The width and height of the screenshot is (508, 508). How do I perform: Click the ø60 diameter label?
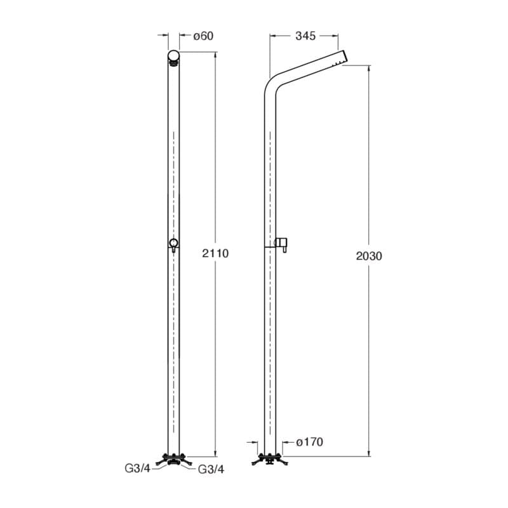point(203,36)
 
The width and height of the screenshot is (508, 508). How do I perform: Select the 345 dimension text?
point(305,36)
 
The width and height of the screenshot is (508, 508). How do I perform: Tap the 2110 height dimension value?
point(215,253)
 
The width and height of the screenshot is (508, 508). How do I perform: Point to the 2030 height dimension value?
point(369,256)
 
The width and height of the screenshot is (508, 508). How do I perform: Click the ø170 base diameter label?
point(310,442)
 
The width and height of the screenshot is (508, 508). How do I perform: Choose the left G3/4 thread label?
point(137,469)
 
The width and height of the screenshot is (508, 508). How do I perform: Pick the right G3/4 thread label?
point(211,469)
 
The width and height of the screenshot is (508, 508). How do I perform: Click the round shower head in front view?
point(173,58)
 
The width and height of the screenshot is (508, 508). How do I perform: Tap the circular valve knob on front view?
point(173,243)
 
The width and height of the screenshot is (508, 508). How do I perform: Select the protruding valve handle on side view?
point(281,244)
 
